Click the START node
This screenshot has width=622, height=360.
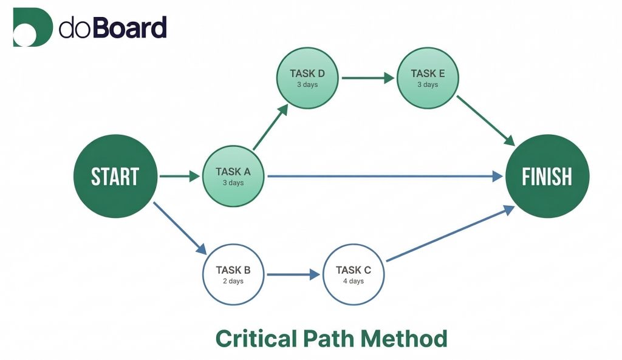point(115,176)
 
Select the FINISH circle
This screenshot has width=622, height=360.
point(547,176)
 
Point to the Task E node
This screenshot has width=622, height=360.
point(428,78)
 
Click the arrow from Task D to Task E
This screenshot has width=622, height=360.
point(367,78)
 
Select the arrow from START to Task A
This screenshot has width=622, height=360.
point(179,177)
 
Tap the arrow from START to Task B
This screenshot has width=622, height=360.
point(180,228)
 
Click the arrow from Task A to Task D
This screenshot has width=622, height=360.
point(270,127)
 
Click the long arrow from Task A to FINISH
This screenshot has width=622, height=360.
point(386,177)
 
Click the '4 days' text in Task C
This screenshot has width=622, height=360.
point(353,281)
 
